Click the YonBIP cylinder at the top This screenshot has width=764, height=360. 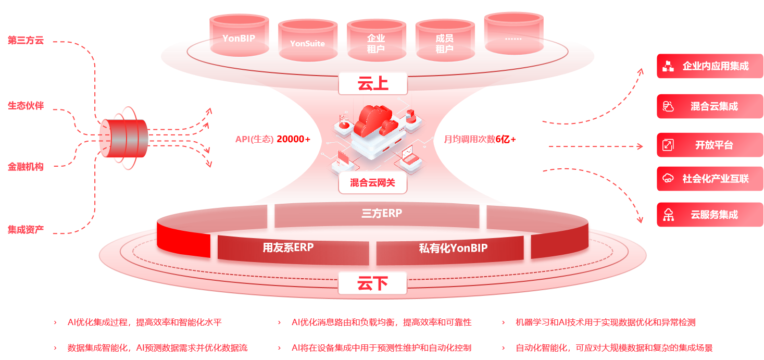click(x=239, y=36)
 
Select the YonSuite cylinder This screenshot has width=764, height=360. click(x=307, y=42)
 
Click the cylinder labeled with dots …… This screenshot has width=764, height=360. click(x=513, y=36)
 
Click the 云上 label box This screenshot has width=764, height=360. click(x=373, y=84)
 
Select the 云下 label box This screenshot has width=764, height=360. click(x=373, y=284)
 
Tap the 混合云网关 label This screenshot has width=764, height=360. click(x=372, y=182)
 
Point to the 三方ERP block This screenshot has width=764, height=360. click(x=382, y=214)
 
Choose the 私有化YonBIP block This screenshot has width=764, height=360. click(x=453, y=249)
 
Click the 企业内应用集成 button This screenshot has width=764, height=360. click(x=710, y=66)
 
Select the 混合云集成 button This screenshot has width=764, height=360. click(x=710, y=106)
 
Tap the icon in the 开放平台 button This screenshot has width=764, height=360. click(x=668, y=145)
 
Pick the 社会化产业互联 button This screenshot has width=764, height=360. click(x=710, y=179)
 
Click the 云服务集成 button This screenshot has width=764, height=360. click(x=710, y=214)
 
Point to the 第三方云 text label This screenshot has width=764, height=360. click(x=26, y=40)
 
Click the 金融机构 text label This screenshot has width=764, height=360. click(x=26, y=167)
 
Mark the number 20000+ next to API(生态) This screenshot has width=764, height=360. click(x=293, y=140)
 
